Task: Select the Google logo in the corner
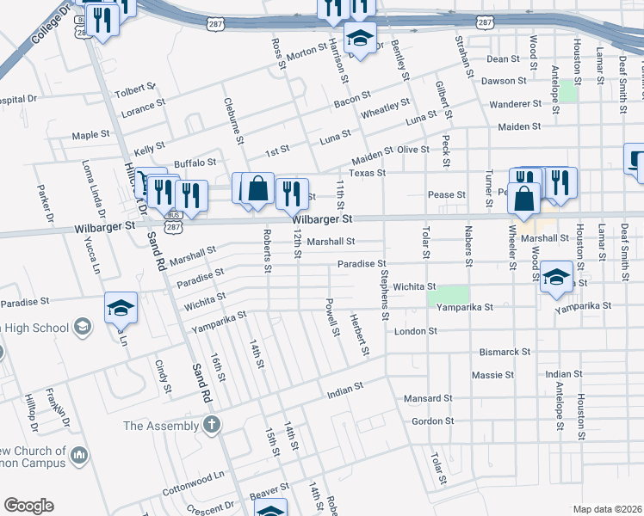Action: click(x=28, y=506)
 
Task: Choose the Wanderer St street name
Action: click(x=511, y=104)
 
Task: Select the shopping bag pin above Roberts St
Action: click(x=257, y=188)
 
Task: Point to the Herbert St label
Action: click(x=360, y=335)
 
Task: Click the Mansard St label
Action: click(x=428, y=398)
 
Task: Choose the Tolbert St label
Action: click(x=133, y=88)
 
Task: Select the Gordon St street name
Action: click(x=432, y=421)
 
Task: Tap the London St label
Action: click(x=411, y=330)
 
